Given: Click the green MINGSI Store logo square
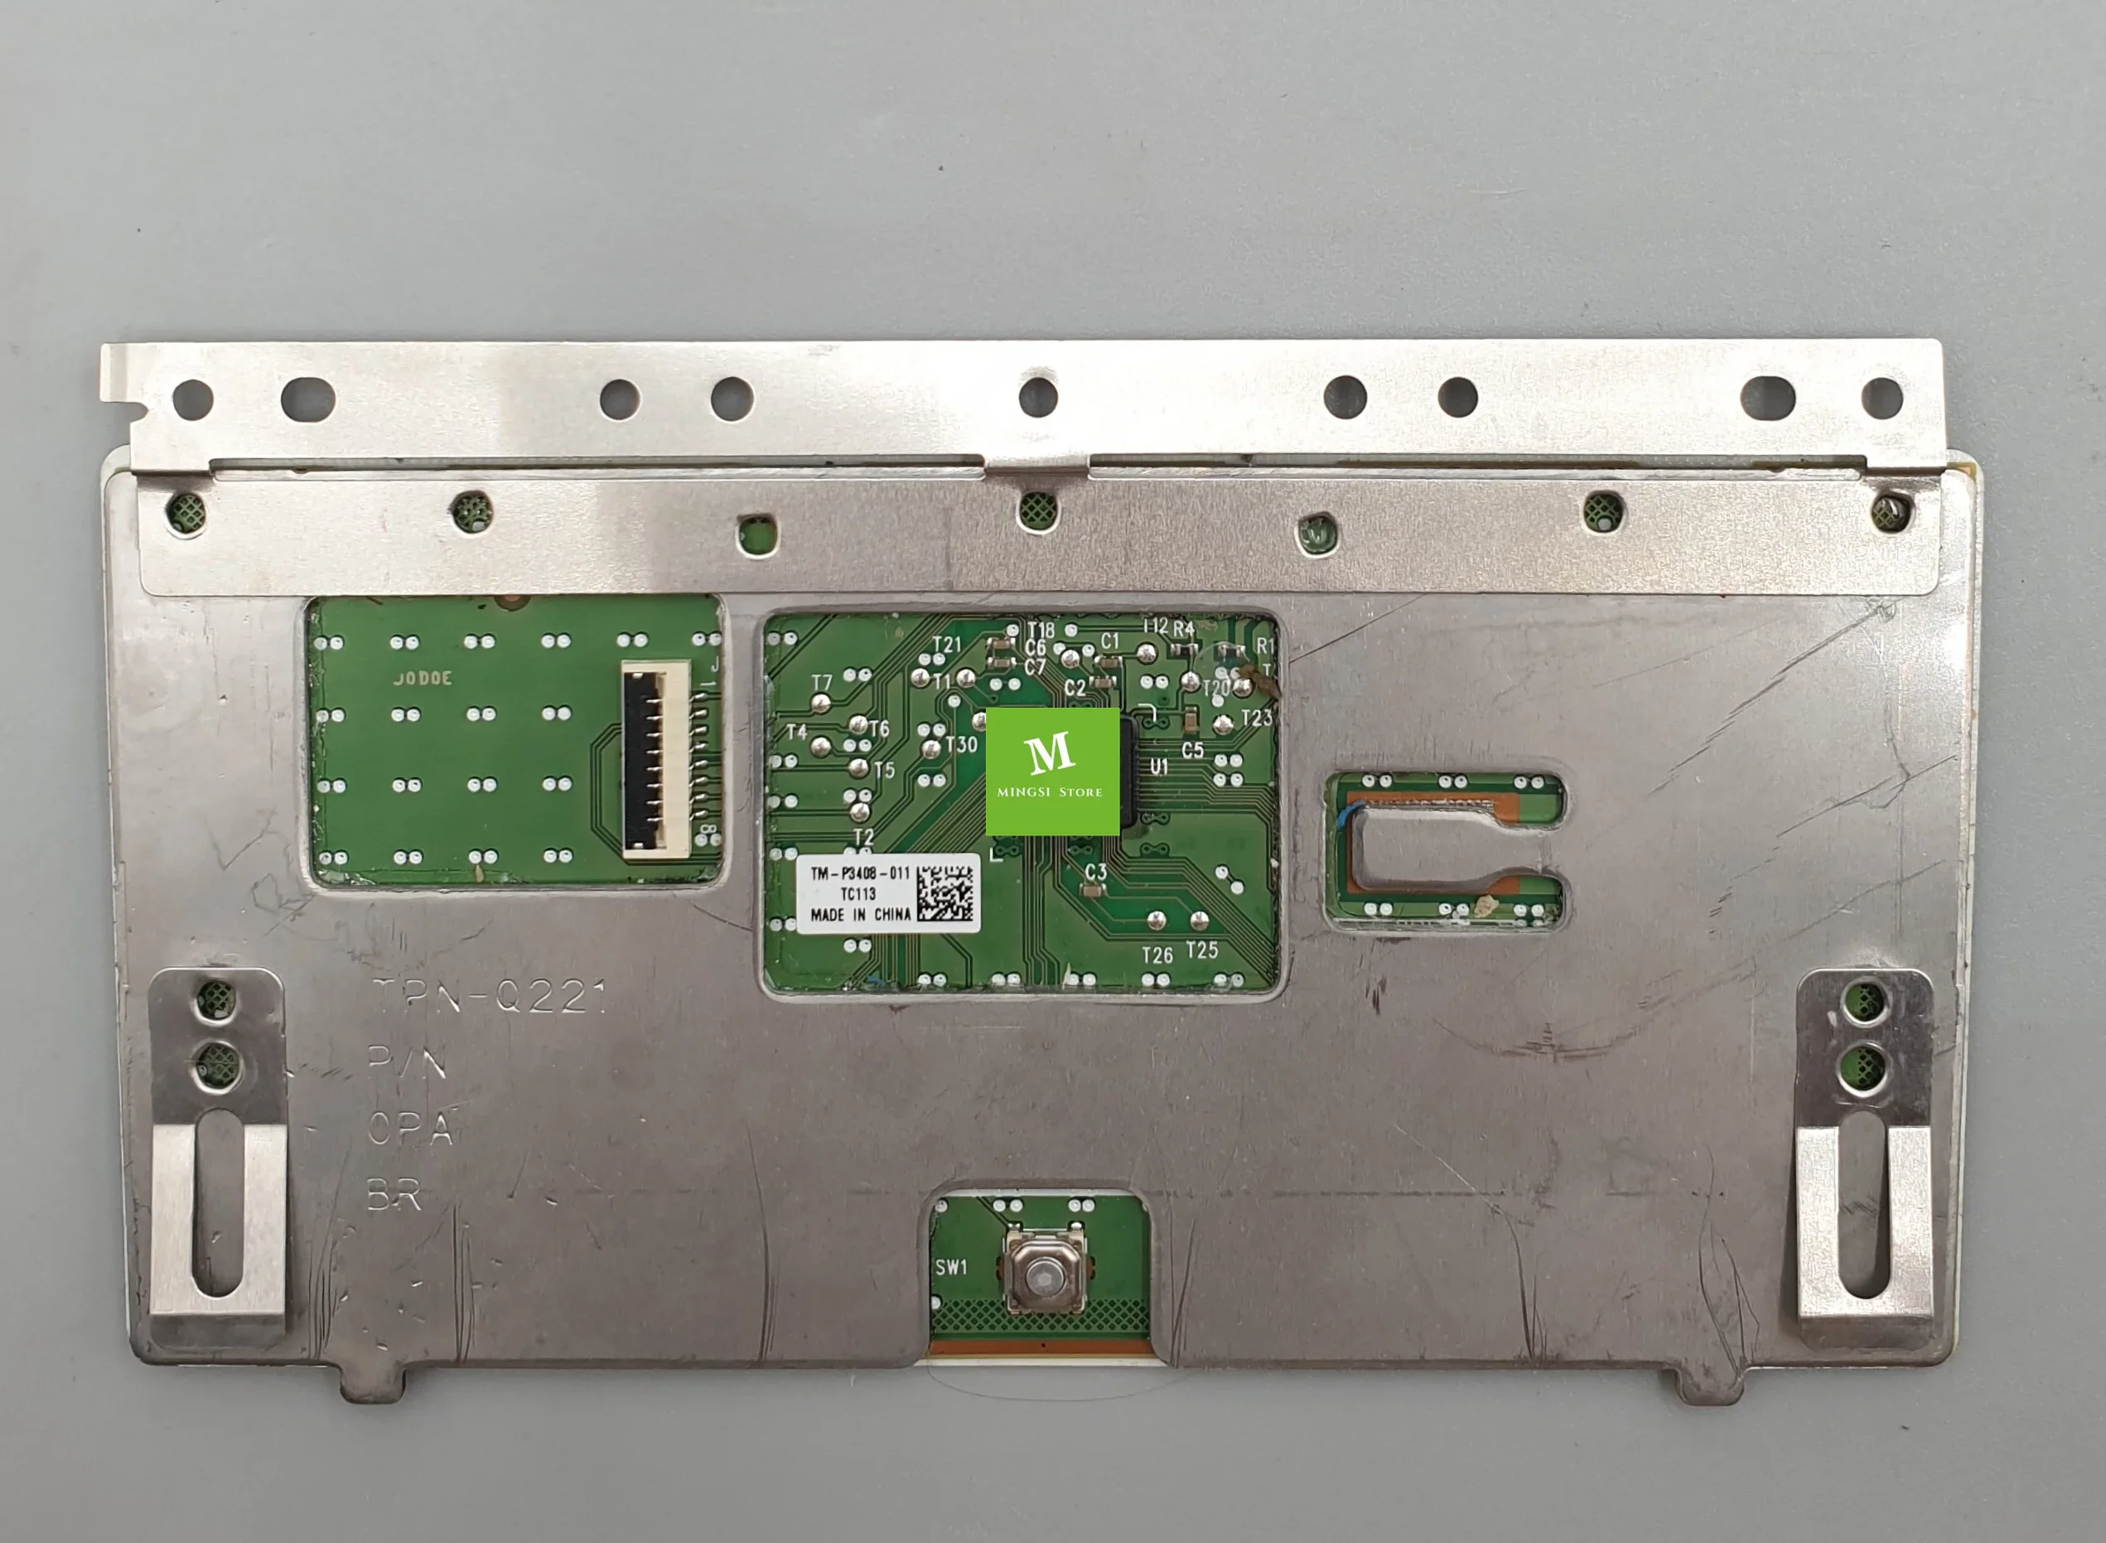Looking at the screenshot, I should point(1052,771).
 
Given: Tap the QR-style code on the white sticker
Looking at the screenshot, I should point(944,893).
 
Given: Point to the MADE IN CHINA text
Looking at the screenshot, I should point(860,914).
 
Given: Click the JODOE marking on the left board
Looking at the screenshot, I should point(423,678).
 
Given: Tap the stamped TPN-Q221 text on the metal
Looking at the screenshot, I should point(490,998).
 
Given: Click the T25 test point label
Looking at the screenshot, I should point(1202,950).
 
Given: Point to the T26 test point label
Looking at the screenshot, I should point(1157,955).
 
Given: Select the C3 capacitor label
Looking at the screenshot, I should point(1095,872).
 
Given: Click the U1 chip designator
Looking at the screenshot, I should point(1159,767).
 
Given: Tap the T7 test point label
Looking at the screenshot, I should point(821,684).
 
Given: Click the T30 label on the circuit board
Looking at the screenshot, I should point(961,744).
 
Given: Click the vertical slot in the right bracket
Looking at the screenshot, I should point(1864,1205).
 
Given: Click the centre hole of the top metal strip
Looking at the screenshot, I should point(1037,397).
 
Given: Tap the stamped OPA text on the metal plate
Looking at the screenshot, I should point(410,1129).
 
